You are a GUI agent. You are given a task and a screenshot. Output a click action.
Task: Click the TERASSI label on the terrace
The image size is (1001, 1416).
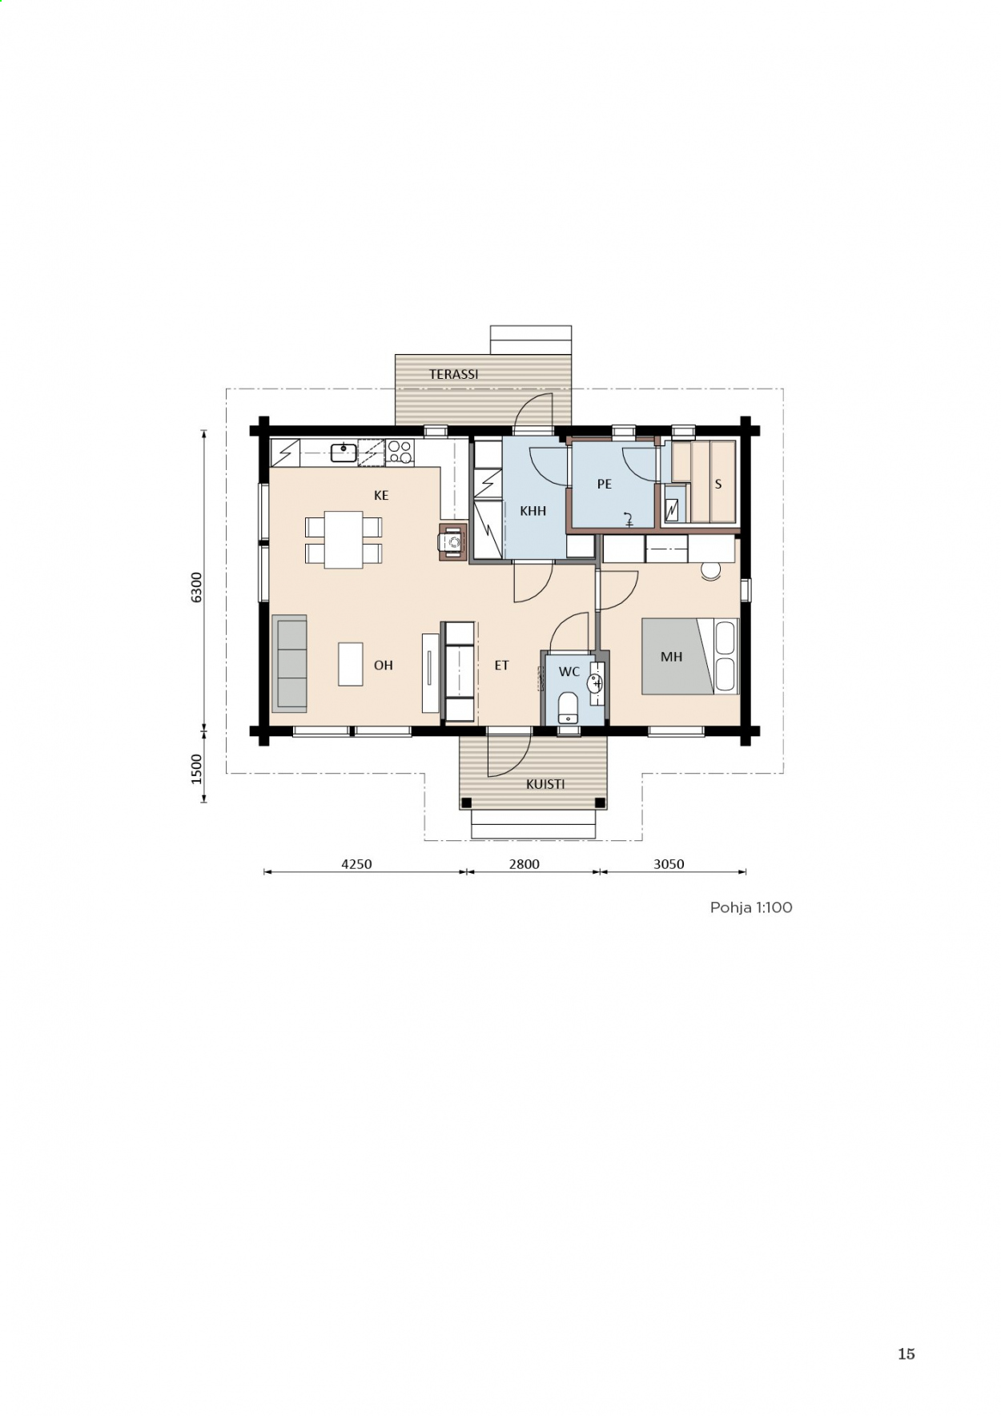click(453, 374)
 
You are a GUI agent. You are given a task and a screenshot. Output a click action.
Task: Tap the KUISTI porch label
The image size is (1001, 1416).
click(545, 784)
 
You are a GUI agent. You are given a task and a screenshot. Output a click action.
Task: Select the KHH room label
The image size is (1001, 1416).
click(533, 511)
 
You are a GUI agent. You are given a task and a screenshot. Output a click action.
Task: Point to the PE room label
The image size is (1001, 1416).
click(605, 485)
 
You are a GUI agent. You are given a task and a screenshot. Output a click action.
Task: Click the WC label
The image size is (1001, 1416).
click(569, 672)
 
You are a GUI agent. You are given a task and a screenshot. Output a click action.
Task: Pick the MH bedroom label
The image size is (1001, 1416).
click(671, 657)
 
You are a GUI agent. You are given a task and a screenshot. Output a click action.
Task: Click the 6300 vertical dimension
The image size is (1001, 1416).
click(197, 587)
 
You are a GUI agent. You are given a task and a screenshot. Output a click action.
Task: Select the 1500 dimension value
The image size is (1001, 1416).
click(197, 769)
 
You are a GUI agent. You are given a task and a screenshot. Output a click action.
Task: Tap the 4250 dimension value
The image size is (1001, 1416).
click(356, 864)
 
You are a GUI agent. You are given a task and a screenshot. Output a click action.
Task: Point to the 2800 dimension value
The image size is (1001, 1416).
click(525, 864)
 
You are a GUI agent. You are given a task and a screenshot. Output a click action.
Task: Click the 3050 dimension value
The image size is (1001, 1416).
click(669, 864)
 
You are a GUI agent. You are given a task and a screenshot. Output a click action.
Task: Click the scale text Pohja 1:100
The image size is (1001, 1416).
click(751, 907)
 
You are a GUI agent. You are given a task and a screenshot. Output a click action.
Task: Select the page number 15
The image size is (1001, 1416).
click(906, 1354)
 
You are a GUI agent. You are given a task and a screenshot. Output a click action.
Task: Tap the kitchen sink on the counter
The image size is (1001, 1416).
click(344, 453)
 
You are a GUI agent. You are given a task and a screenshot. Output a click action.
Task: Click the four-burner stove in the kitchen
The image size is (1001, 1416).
click(400, 453)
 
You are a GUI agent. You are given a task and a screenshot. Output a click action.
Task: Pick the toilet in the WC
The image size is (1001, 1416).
click(568, 707)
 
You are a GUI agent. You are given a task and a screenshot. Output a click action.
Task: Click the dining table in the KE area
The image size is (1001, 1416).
click(344, 540)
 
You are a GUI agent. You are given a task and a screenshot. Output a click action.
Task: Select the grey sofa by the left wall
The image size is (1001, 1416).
click(289, 664)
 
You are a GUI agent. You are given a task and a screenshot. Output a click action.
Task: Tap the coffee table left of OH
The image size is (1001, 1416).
click(351, 664)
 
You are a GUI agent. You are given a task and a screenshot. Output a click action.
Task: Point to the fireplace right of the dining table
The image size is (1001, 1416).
click(453, 542)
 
